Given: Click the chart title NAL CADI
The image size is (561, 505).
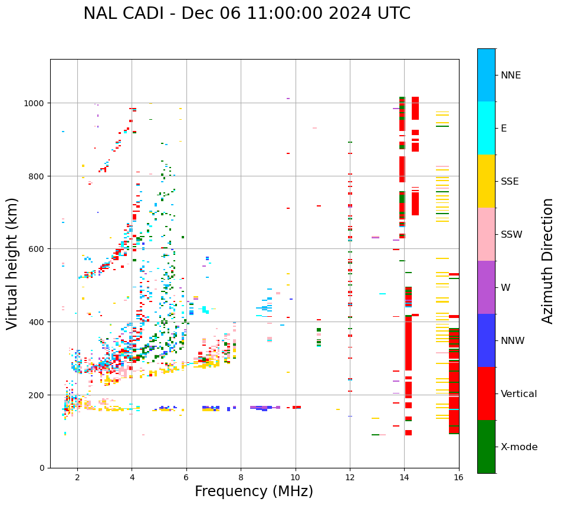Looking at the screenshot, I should [x=247, y=14].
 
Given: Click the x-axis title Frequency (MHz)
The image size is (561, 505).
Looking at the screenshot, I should [x=254, y=491].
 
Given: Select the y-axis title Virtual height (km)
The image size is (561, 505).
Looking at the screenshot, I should [x=13, y=263].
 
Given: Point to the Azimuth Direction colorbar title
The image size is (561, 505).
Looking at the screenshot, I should [x=548, y=261].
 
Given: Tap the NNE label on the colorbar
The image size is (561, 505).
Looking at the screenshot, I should [x=511, y=75].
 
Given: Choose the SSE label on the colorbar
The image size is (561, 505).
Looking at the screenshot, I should [x=510, y=181].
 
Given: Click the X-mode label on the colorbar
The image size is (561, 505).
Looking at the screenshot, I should [x=519, y=447].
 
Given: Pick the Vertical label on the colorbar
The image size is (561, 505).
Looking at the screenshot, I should [x=519, y=393].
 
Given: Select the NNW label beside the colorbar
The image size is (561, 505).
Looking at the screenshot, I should [x=513, y=340].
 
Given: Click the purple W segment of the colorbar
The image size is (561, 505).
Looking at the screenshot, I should [x=486, y=287].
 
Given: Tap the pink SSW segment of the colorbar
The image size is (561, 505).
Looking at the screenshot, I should [x=486, y=234].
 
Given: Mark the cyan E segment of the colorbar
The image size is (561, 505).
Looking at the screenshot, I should [x=486, y=128].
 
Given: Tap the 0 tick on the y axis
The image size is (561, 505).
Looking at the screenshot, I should [x=43, y=468].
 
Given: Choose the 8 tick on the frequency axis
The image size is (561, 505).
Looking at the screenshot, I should [x=241, y=477].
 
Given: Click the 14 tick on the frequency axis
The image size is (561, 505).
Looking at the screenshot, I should [x=404, y=477].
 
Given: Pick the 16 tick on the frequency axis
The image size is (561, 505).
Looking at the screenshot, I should [x=458, y=477].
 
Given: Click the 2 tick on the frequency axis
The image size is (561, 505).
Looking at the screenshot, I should [x=77, y=477].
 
